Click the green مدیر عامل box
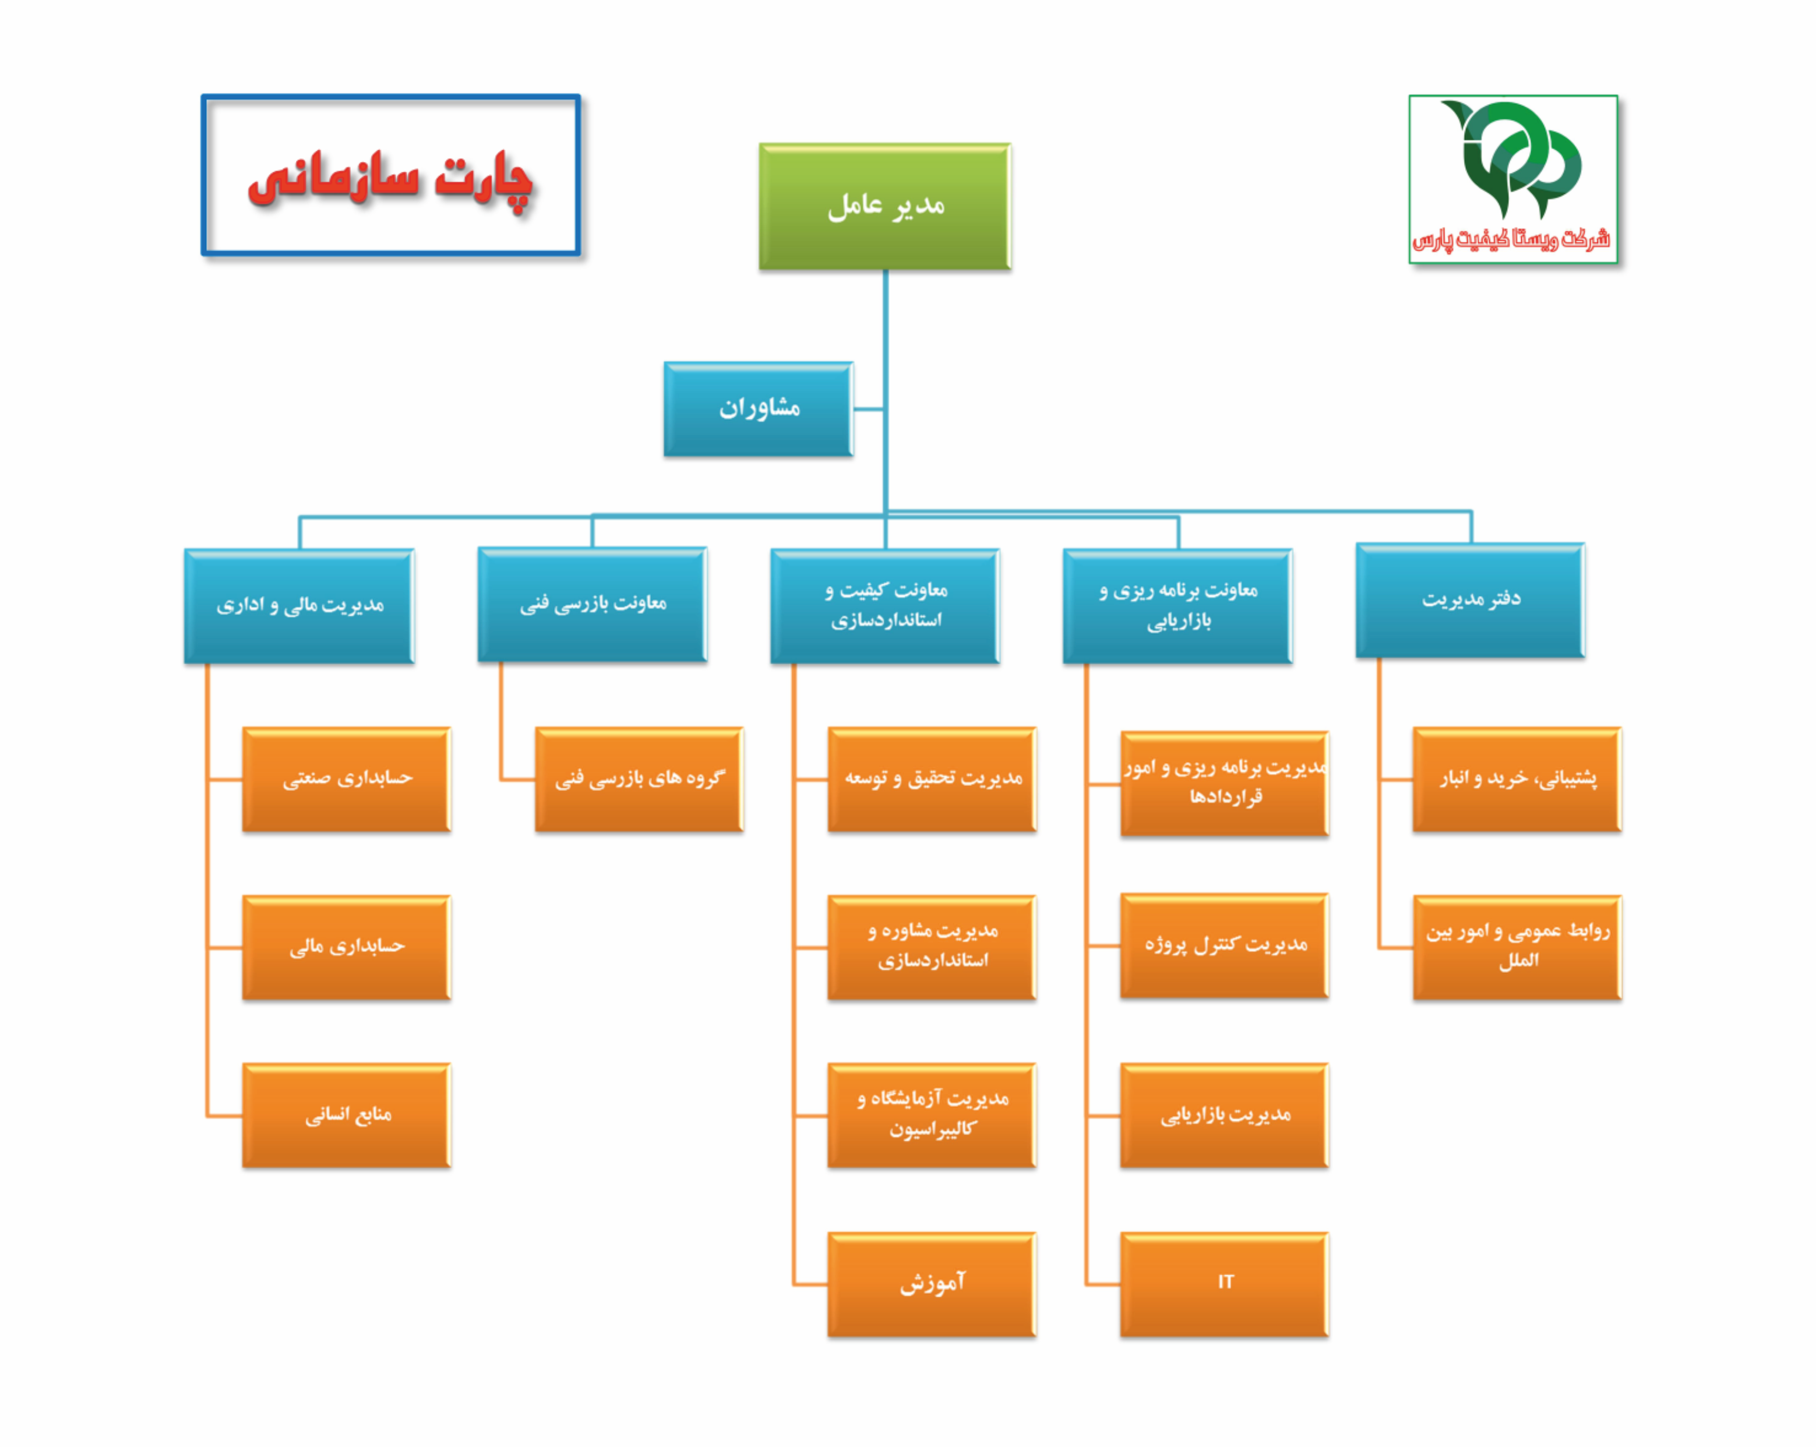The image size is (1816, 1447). (x=884, y=206)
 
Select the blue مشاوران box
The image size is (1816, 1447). (x=758, y=410)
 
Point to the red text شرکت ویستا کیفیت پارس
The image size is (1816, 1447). (x=1512, y=239)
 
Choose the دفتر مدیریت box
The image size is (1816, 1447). (x=1470, y=599)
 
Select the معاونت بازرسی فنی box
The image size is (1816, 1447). (x=592, y=604)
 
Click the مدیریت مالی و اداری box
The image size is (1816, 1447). (x=299, y=606)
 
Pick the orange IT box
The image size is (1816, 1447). (x=1224, y=1283)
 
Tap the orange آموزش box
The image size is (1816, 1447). (x=932, y=1283)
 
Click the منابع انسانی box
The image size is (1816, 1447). (x=346, y=1114)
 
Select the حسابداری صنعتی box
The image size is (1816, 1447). (x=346, y=778)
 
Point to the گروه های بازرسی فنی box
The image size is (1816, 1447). (x=639, y=778)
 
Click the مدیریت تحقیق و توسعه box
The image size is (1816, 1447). (x=932, y=778)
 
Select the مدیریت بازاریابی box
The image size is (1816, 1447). (x=1224, y=1114)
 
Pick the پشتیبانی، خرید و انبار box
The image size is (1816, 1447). (x=1516, y=778)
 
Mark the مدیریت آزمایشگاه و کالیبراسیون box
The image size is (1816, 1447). (x=932, y=1114)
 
